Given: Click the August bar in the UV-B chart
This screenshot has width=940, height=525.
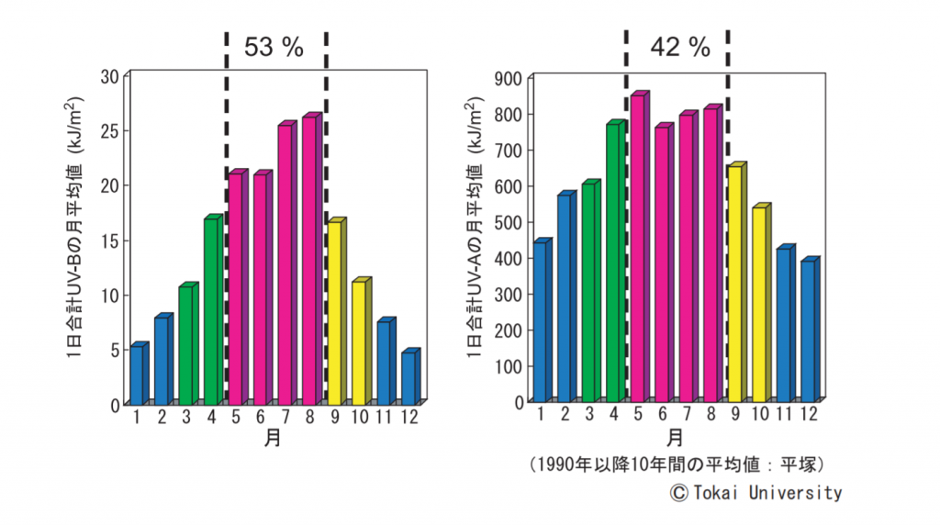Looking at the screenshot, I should coord(309,262).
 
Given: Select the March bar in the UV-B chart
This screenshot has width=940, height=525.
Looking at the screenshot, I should coord(186,346).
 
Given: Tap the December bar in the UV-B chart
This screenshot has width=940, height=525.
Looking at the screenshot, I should coord(408,378).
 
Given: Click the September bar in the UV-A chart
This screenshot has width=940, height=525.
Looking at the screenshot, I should coord(734,284).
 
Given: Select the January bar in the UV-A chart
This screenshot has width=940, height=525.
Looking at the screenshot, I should coord(541,322).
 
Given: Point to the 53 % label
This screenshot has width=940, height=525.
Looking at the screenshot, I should coord(274,47).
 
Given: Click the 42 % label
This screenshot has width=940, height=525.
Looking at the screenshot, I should coord(680,47).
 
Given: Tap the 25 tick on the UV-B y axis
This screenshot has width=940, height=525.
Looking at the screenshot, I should coord(108,130).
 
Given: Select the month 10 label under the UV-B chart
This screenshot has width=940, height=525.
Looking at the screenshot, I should coord(361,419).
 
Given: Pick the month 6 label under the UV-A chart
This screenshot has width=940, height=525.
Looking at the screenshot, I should coord(662,415).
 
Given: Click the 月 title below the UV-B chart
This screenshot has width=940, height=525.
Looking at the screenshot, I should coord(272,438).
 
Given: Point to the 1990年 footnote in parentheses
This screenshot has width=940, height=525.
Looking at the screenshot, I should coord(675,464).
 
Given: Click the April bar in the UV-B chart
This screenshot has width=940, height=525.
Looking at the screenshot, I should coord(211,312).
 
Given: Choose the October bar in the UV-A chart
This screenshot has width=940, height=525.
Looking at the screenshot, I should coord(759,304).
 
